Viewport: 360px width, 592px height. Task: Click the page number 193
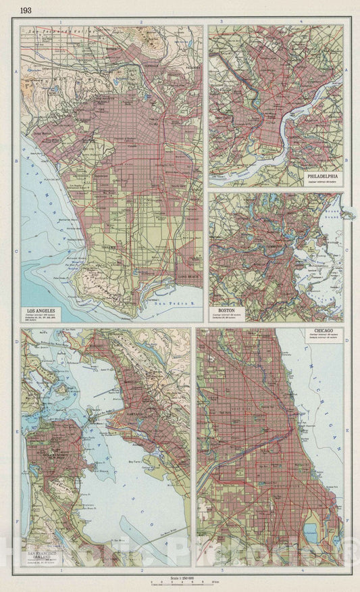[x=25, y=10]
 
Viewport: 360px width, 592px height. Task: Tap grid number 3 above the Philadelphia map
[x=222, y=22]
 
